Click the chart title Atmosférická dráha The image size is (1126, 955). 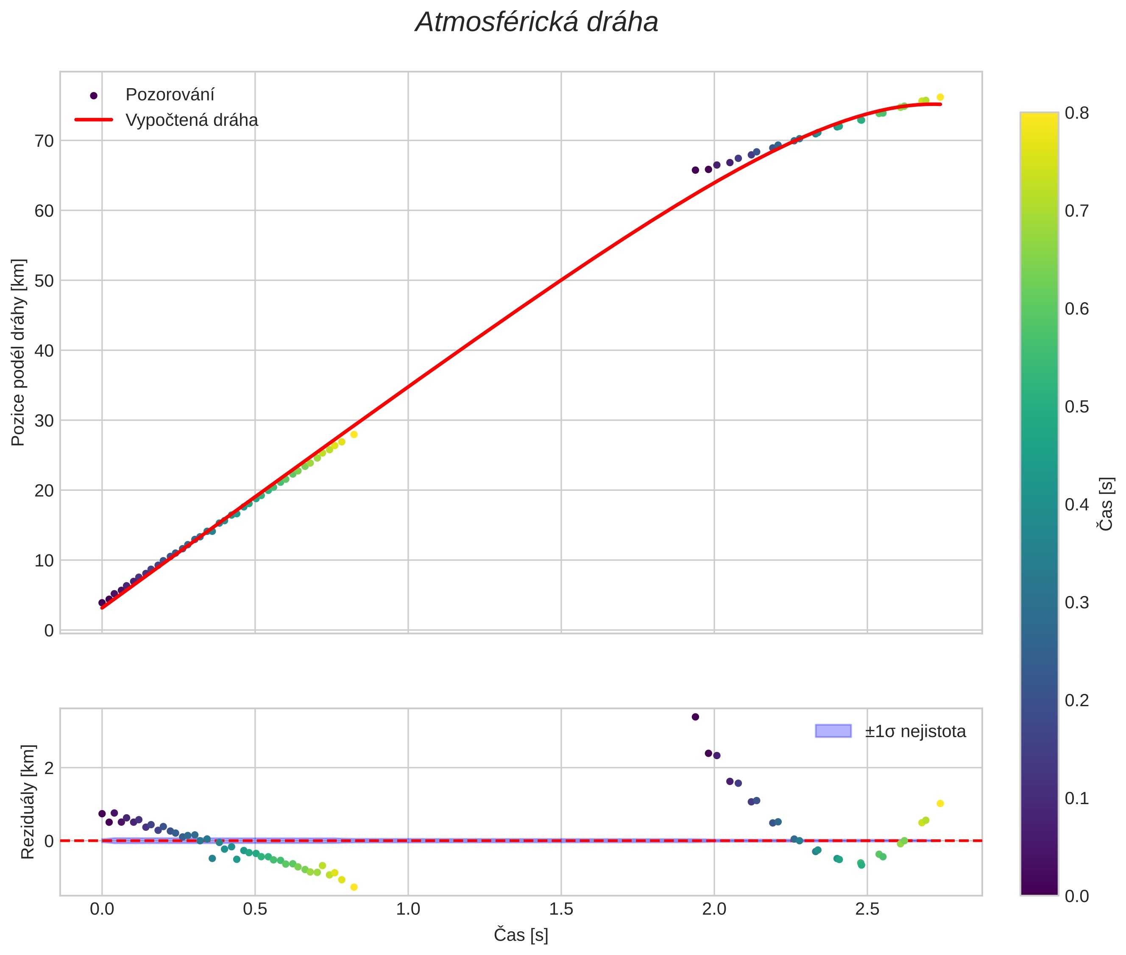pyautogui.click(x=536, y=23)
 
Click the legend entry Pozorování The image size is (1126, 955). pyautogui.click(x=170, y=95)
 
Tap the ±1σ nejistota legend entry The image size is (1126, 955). pyautogui.click(x=914, y=732)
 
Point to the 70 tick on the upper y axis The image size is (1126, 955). pyautogui.click(x=45, y=141)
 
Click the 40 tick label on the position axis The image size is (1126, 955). pyautogui.click(x=45, y=351)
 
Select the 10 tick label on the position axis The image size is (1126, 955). pyautogui.click(x=45, y=560)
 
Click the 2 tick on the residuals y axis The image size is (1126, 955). pyautogui.click(x=49, y=768)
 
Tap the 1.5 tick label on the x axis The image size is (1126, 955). pyautogui.click(x=561, y=909)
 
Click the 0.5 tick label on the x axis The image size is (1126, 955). pyautogui.click(x=255, y=909)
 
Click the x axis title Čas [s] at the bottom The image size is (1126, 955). pyautogui.click(x=521, y=935)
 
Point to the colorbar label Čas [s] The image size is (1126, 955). pyautogui.click(x=1106, y=504)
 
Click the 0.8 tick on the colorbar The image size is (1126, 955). pyautogui.click(x=1077, y=113)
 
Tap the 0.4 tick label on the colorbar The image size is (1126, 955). pyautogui.click(x=1077, y=504)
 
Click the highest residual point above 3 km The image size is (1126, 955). pyautogui.click(x=695, y=717)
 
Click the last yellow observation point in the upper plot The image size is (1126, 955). pyautogui.click(x=940, y=97)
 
